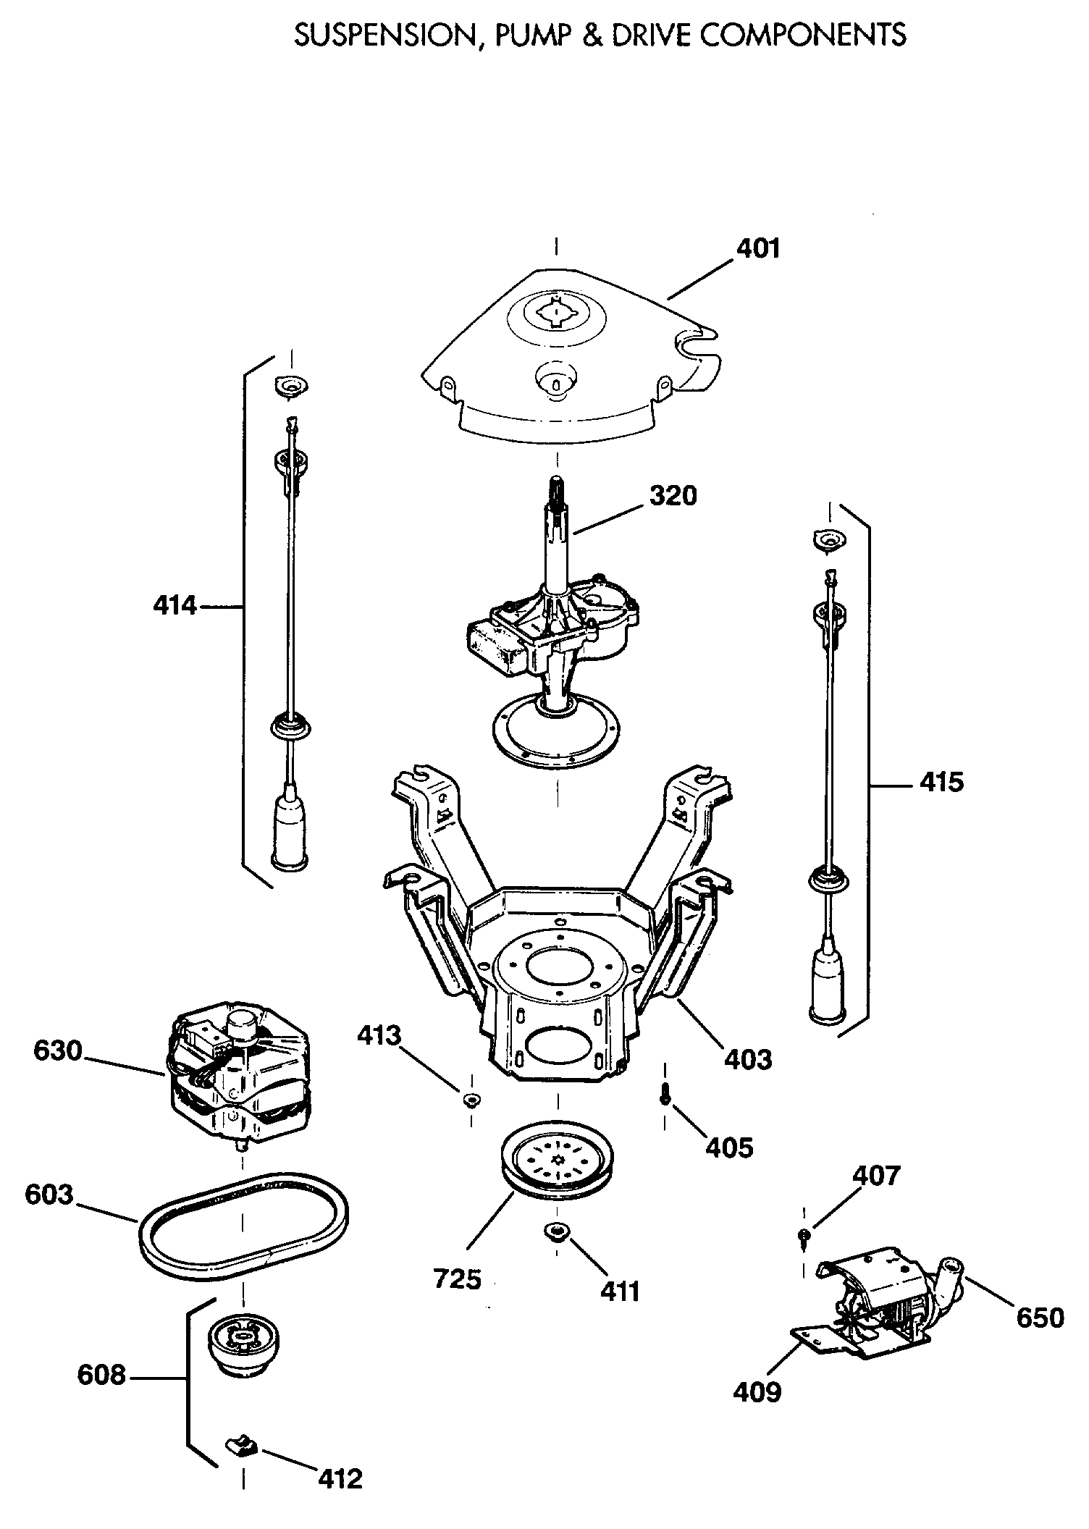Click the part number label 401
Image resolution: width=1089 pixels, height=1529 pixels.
[758, 249]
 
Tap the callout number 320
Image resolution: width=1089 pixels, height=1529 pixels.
[673, 496]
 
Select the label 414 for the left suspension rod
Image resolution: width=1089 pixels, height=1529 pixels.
[175, 605]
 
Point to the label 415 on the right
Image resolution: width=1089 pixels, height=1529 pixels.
[941, 782]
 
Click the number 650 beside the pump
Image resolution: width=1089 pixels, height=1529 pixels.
[1039, 1318]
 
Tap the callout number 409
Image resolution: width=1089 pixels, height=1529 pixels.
[757, 1391]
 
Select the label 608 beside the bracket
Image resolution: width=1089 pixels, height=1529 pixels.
[101, 1376]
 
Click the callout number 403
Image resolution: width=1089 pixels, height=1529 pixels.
[748, 1060]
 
